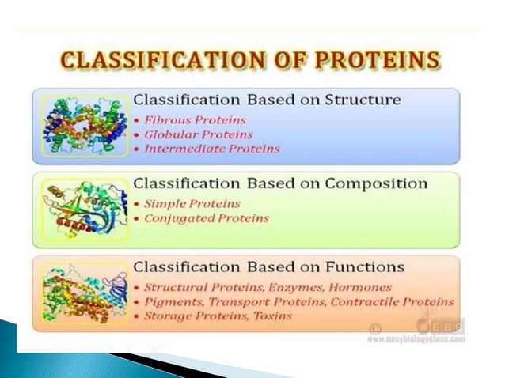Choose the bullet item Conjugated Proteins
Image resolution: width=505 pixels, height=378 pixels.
205,218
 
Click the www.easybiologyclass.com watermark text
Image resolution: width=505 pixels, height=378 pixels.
416,338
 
